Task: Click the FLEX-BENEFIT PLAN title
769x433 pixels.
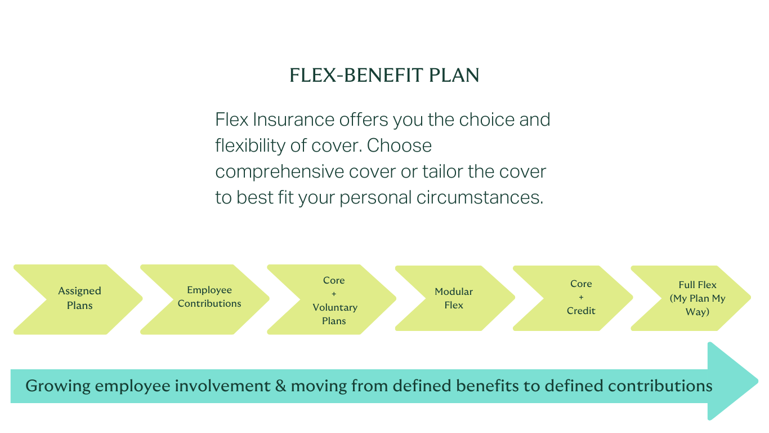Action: click(384, 76)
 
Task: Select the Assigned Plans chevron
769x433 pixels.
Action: click(79, 299)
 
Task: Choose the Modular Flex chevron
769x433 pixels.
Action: click(454, 298)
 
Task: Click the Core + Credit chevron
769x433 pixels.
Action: click(580, 297)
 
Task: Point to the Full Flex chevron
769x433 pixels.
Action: click(697, 298)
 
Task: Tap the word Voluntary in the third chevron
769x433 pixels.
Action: click(335, 307)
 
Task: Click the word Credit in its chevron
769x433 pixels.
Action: click(581, 311)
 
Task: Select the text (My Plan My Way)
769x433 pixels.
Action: click(698, 305)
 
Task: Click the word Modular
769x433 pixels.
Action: click(454, 291)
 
